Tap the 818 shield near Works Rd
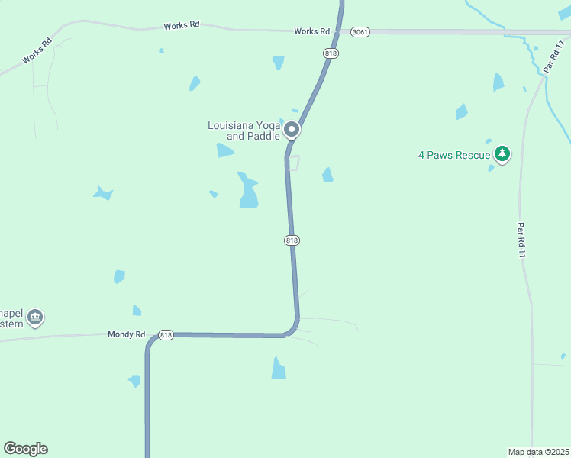click(331, 53)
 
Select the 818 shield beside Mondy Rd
click(166, 335)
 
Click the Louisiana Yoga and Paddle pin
click(292, 131)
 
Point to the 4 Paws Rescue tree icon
click(502, 154)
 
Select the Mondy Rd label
click(126, 334)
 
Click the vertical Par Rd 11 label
click(521, 240)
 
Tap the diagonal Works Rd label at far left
click(36, 51)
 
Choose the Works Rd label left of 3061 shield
click(311, 31)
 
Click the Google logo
click(25, 449)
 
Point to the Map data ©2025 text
click(538, 452)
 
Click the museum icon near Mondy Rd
click(35, 317)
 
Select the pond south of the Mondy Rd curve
click(279, 369)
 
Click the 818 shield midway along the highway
click(292, 240)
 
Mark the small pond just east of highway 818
click(327, 175)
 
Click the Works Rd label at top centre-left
click(182, 26)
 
